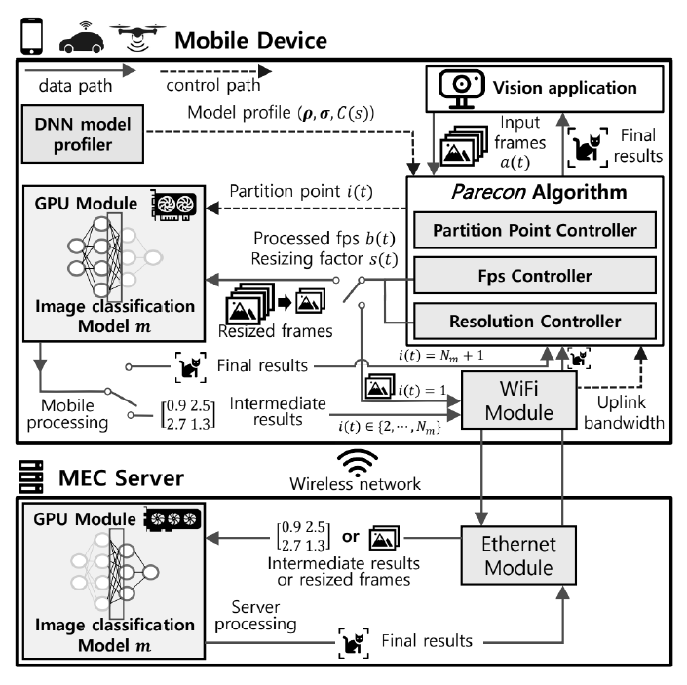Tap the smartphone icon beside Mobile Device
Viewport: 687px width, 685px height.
tap(27, 34)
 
